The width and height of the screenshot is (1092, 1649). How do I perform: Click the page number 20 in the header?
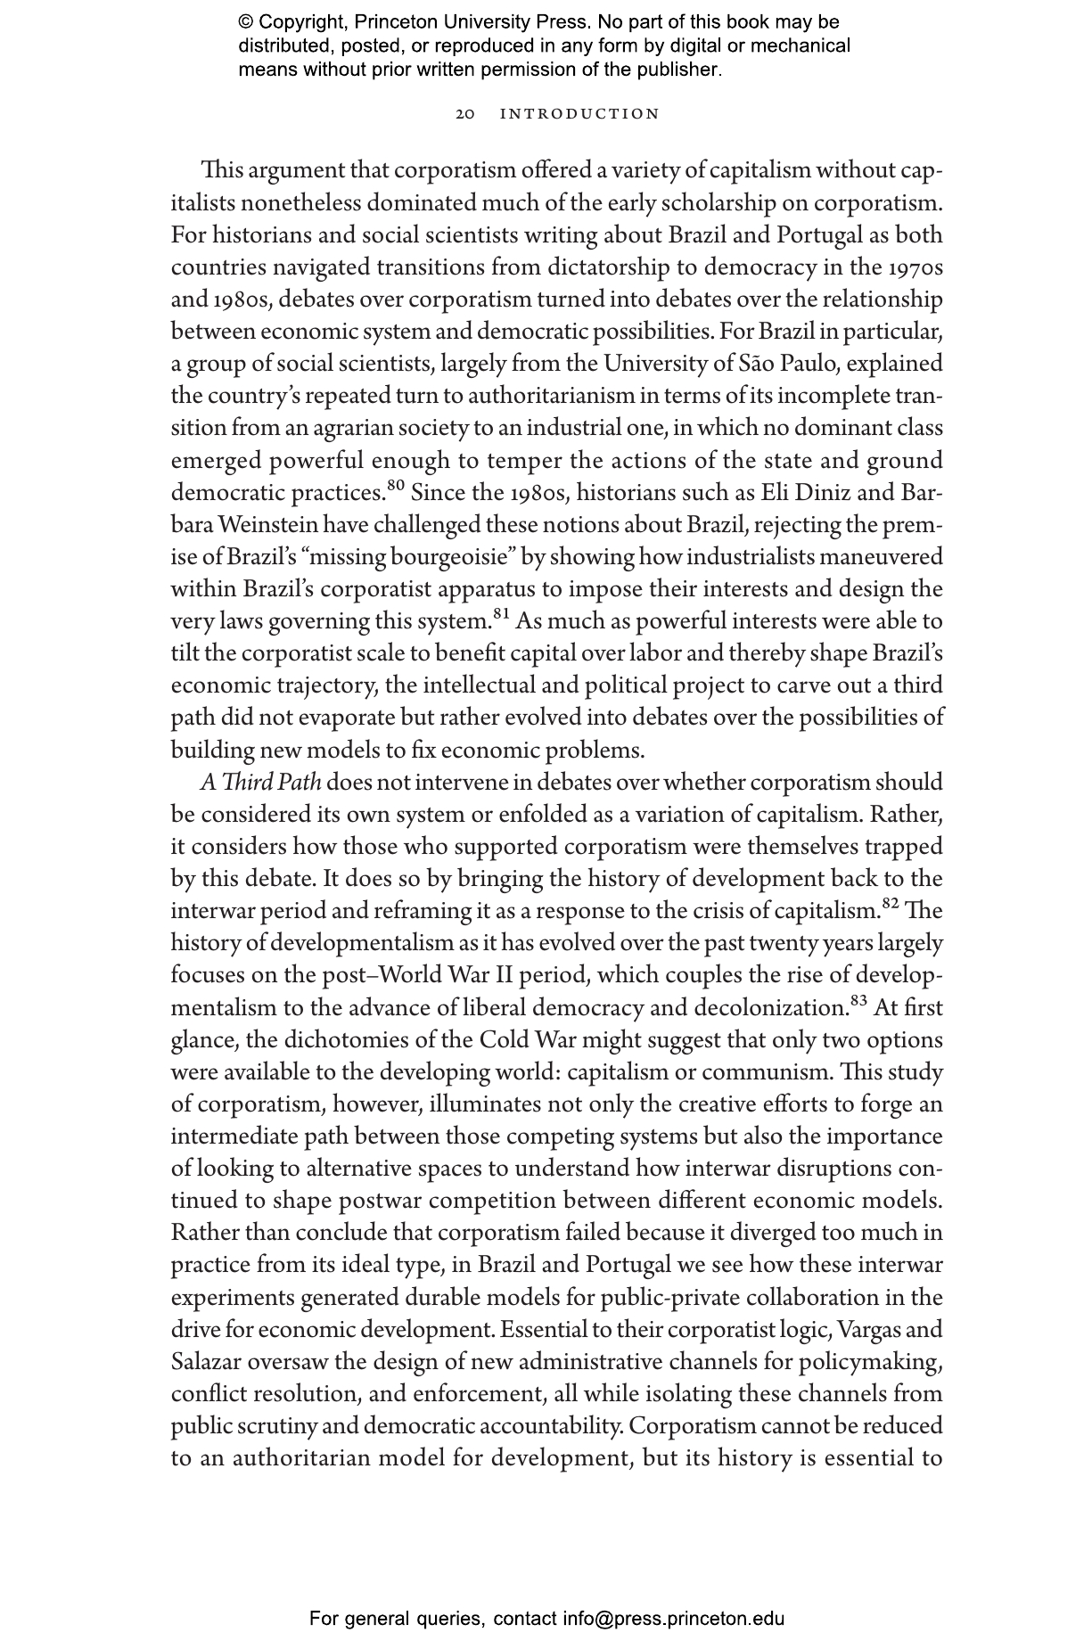pyautogui.click(x=465, y=114)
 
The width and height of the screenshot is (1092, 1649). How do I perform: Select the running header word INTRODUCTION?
pyautogui.click(x=580, y=114)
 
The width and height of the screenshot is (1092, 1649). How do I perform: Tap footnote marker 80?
pyautogui.click(x=396, y=486)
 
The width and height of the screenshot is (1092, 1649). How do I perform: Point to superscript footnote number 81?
pyautogui.click(x=501, y=614)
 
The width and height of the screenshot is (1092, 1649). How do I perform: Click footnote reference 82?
pyautogui.click(x=891, y=904)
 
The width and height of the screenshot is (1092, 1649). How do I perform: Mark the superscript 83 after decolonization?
pyautogui.click(x=858, y=1000)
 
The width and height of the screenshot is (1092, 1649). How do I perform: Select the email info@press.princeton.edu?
pyautogui.click(x=673, y=1618)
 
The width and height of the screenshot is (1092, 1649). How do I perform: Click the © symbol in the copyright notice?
pyautogui.click(x=246, y=22)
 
